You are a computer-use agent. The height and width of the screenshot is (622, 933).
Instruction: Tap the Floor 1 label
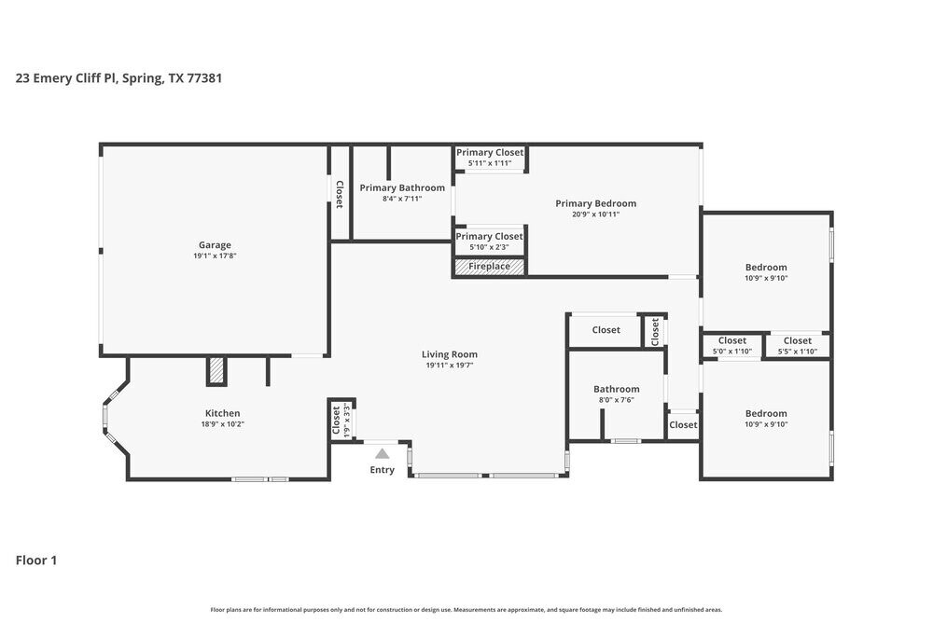[x=36, y=560]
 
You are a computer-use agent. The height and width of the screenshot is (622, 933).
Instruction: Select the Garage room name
[x=214, y=245]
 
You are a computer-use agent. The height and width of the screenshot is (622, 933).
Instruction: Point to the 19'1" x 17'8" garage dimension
[x=214, y=256]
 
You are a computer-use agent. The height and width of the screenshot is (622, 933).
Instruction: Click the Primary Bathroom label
[x=402, y=187]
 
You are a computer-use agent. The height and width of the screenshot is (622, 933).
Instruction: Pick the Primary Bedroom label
[x=595, y=203]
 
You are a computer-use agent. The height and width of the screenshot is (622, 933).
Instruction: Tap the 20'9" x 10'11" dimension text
[x=595, y=214]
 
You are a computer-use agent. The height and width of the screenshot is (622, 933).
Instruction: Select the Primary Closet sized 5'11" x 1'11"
[x=490, y=158]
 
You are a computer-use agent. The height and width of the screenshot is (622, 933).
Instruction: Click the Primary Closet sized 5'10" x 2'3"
[x=489, y=242]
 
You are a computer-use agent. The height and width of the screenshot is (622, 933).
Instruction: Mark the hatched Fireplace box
[x=489, y=267]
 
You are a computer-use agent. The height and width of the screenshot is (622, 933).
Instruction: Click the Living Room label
[x=450, y=354]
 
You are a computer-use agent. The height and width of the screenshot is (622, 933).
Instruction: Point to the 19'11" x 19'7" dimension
[x=450, y=366]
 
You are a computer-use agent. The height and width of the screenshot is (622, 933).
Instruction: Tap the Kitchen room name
[x=222, y=413]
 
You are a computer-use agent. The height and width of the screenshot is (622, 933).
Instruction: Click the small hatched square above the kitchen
[x=216, y=370]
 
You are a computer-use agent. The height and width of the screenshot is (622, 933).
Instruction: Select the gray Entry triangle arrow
[x=382, y=453]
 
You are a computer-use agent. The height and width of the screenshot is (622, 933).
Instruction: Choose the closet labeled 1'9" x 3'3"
[x=341, y=419]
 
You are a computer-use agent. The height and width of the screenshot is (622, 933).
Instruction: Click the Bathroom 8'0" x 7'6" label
[x=616, y=394]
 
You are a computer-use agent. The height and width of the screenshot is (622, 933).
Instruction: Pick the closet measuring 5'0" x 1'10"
[x=731, y=346]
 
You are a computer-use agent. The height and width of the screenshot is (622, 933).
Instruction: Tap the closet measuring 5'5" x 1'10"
[x=797, y=346]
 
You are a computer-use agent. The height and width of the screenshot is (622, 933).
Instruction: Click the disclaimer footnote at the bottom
[x=466, y=609]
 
